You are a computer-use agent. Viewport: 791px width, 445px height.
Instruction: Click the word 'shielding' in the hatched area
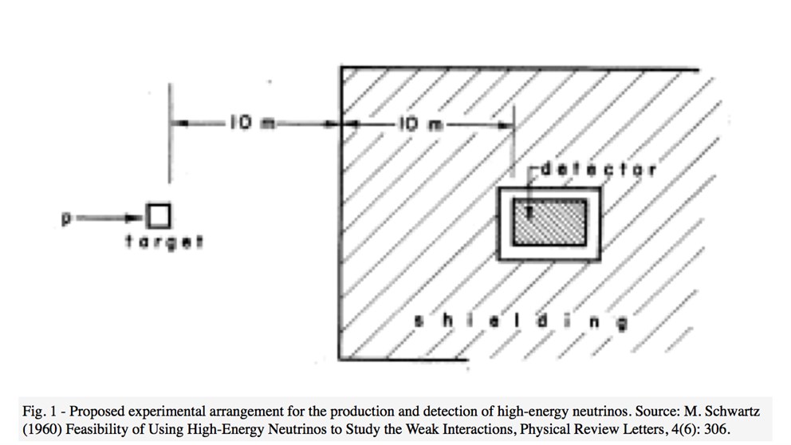pos(519,322)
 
